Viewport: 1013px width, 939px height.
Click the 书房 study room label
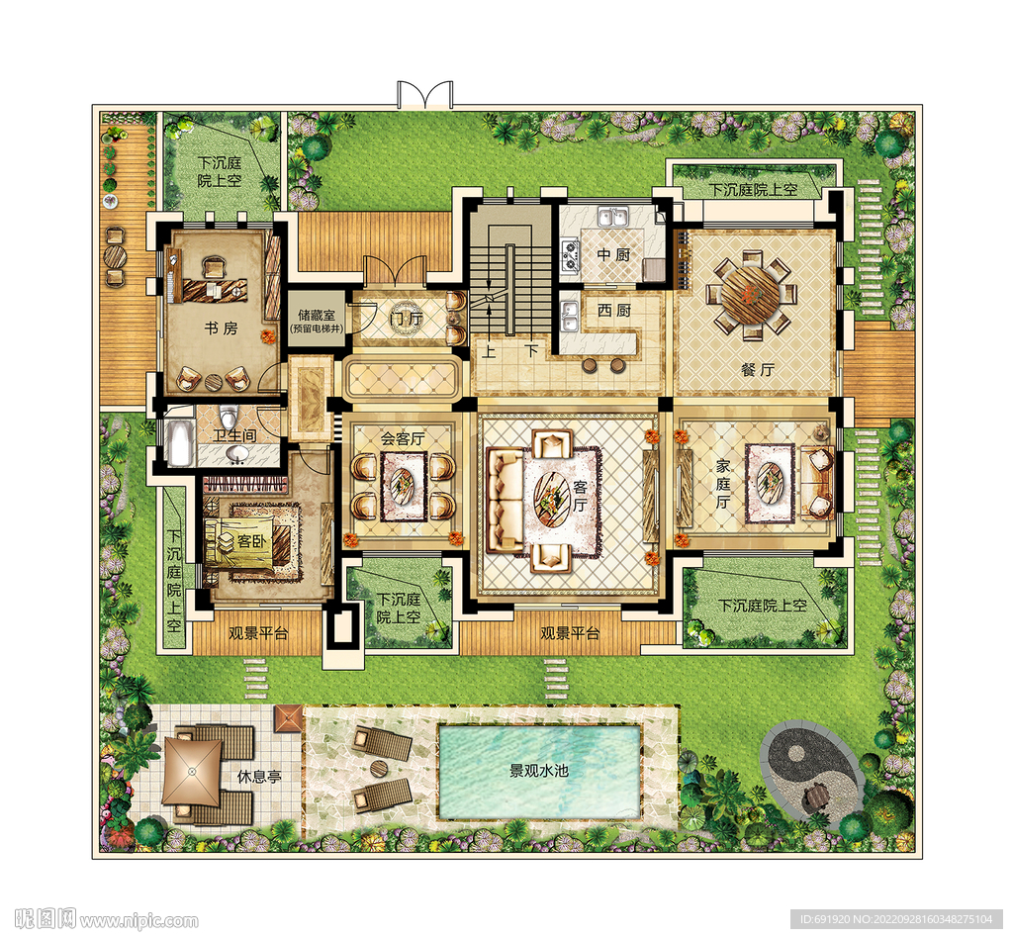[x=222, y=329]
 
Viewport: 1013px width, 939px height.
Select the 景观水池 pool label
[x=539, y=771]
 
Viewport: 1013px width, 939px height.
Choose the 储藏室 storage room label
[x=317, y=315]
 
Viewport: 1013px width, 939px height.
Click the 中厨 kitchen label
[x=613, y=254]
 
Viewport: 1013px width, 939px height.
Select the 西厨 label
[x=613, y=311]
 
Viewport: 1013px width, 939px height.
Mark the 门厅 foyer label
[x=407, y=318]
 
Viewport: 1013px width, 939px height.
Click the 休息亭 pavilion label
[x=259, y=776]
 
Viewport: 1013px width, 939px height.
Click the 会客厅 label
[x=403, y=438]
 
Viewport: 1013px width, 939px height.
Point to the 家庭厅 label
[x=723, y=484]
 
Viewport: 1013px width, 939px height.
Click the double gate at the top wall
[x=424, y=95]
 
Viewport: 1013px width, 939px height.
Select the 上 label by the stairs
[x=489, y=351]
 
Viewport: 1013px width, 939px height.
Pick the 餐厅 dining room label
[x=757, y=370]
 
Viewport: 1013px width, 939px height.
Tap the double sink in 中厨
[x=613, y=216]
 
